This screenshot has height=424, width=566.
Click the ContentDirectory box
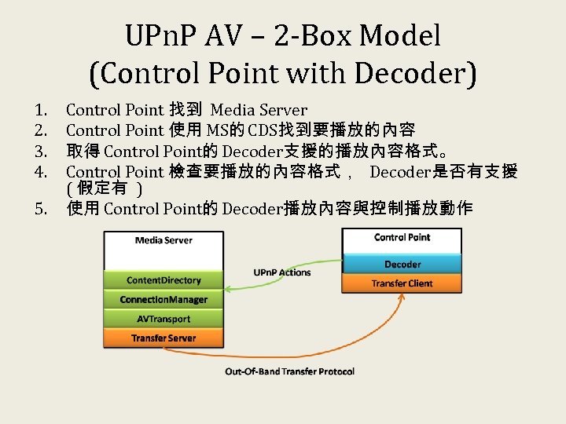164,280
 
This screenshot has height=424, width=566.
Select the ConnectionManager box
164,300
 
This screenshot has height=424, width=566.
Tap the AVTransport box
164,319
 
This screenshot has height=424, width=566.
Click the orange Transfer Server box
164,338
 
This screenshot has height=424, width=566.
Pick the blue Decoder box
402,265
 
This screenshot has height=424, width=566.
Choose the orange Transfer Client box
402,283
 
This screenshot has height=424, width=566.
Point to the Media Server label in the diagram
164,240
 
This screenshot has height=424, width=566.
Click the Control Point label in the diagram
402,237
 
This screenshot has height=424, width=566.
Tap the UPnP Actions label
282,272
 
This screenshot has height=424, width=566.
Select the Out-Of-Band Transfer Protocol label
289,371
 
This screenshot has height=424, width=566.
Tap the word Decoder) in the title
416,74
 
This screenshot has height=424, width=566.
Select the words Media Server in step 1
259,110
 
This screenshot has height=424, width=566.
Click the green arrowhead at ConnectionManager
226,291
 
